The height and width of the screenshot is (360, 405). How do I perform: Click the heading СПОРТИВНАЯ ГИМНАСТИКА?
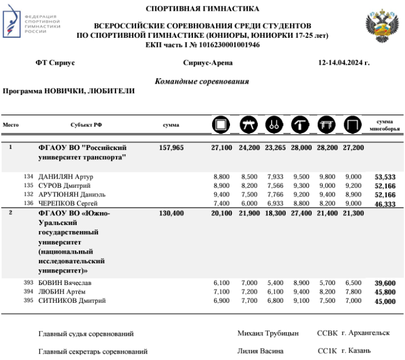click(x=202, y=9)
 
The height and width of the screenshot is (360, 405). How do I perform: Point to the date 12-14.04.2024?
click(x=344, y=63)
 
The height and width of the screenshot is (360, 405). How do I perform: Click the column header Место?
click(x=11, y=125)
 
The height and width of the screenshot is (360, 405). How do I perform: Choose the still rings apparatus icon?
click(x=273, y=125)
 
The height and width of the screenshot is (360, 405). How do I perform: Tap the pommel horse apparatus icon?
click(x=248, y=125)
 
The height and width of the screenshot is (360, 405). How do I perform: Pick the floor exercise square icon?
click(x=221, y=125)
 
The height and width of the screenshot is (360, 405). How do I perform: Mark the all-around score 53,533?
click(x=386, y=177)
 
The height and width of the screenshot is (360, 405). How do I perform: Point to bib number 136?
click(x=29, y=203)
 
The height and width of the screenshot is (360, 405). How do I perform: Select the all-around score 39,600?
click(x=386, y=283)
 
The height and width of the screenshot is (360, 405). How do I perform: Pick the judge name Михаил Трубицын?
click(x=268, y=334)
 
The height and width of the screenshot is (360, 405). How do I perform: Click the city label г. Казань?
click(x=356, y=351)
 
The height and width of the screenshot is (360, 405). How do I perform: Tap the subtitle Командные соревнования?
click(x=202, y=81)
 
